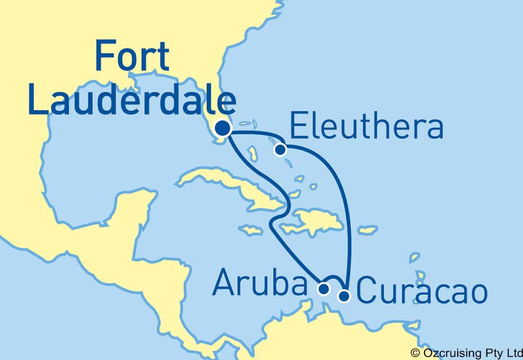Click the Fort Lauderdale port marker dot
pos(223,129)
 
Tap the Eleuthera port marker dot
pos(280,150)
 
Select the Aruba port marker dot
pos(323,290)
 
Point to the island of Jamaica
pos(250,229)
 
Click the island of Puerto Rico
pos(368,230)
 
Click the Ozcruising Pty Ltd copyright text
pos(470,353)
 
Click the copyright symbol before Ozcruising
pos(415,353)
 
